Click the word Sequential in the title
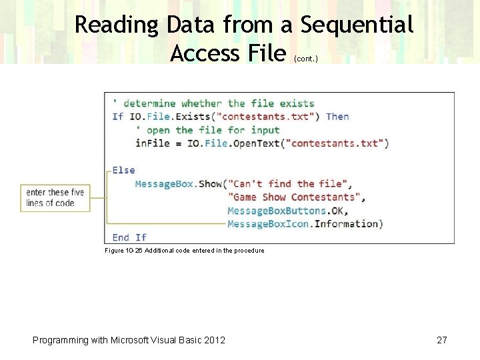pos(357,25)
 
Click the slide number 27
pos(441,340)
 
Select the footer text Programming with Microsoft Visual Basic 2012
pos(129,340)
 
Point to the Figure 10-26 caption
pos(185,251)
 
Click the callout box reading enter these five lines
pos(55,198)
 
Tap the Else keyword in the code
pos(123,170)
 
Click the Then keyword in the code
pos(337,117)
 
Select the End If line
pos(129,237)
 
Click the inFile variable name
pos(152,143)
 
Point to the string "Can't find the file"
pos(288,183)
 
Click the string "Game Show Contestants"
pos(295,197)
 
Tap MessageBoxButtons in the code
pos(277,210)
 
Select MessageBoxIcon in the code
pos(269,223)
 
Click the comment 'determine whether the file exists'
pos(213,103)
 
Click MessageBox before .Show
pos(165,183)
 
